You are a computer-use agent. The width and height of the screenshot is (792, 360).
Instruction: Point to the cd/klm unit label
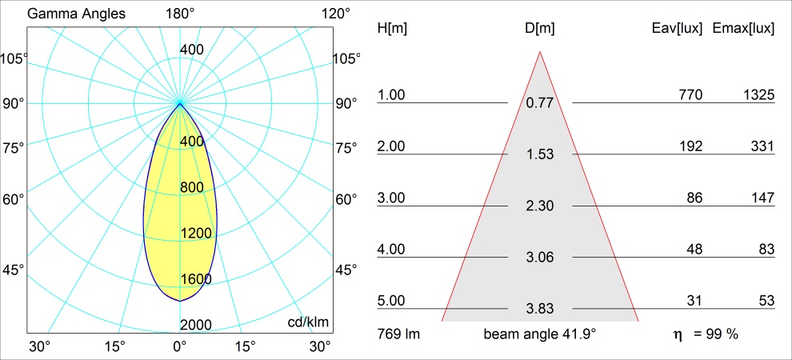(x=308, y=322)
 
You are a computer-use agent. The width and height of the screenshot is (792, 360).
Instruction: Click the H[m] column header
(x=392, y=28)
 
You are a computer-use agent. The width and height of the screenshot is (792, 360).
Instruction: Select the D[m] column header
(x=540, y=28)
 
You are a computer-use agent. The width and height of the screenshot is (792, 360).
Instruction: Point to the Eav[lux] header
(x=678, y=28)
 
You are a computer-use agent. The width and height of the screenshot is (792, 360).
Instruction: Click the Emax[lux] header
(x=743, y=28)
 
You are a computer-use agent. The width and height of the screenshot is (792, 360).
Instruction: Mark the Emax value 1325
(x=757, y=95)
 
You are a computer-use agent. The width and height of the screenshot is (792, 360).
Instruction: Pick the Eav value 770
(x=690, y=95)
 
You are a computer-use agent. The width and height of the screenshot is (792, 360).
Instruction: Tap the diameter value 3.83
(x=540, y=309)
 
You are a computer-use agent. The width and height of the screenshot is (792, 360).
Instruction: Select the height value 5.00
(x=392, y=301)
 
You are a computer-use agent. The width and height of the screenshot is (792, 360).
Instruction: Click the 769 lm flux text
(x=398, y=334)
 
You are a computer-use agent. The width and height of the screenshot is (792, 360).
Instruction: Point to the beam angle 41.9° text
(x=540, y=334)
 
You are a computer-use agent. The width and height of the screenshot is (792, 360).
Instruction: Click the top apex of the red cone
(x=540, y=52)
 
